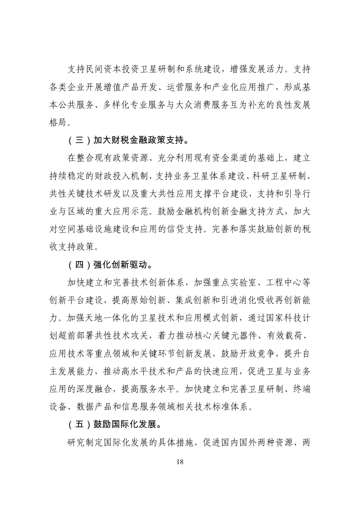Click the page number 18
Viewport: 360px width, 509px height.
180,462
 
